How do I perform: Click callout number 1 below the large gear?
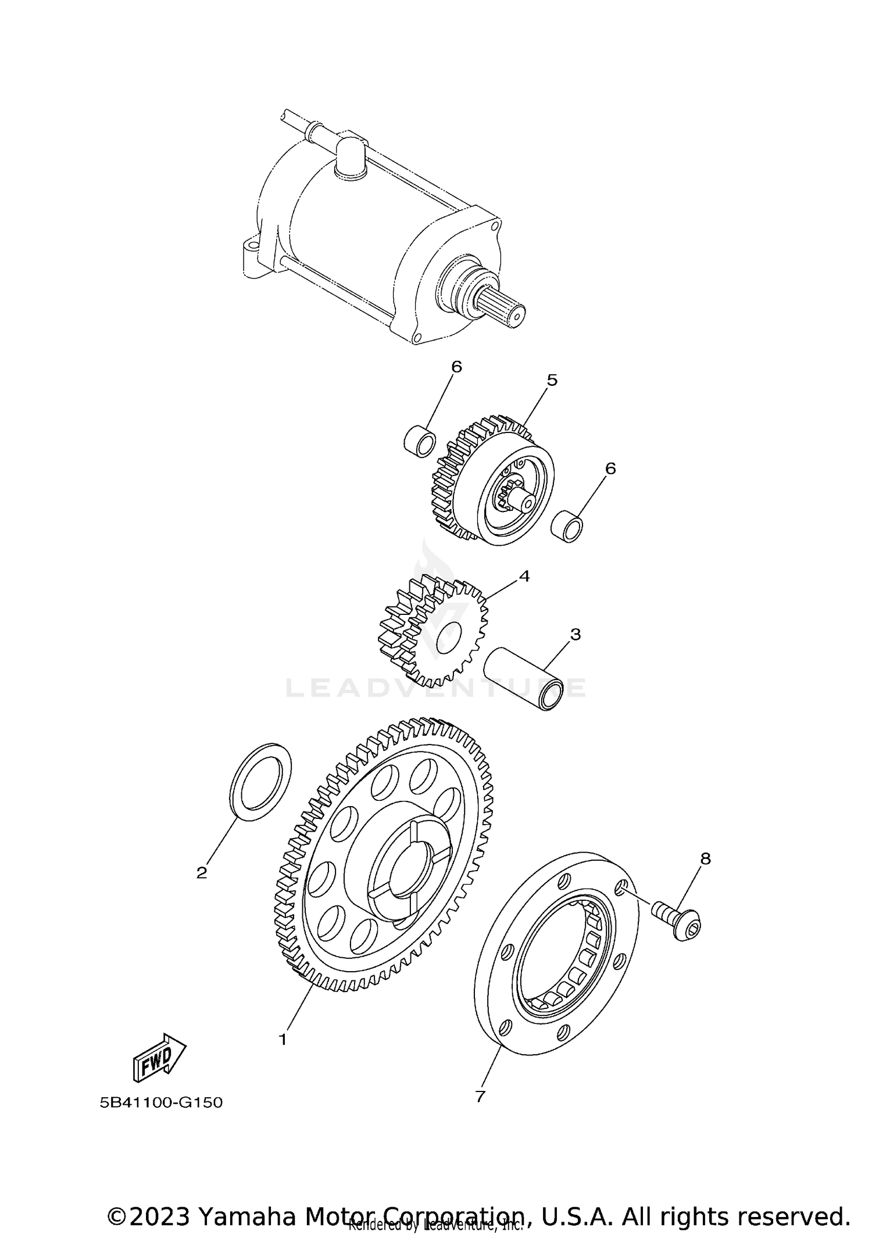click(283, 1039)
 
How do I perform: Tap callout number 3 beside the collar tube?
click(575, 634)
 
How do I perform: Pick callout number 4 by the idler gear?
click(524, 576)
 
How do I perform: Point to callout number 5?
click(552, 380)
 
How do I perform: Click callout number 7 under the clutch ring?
click(480, 1096)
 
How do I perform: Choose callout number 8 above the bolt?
click(705, 858)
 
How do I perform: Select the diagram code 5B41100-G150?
click(161, 1102)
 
